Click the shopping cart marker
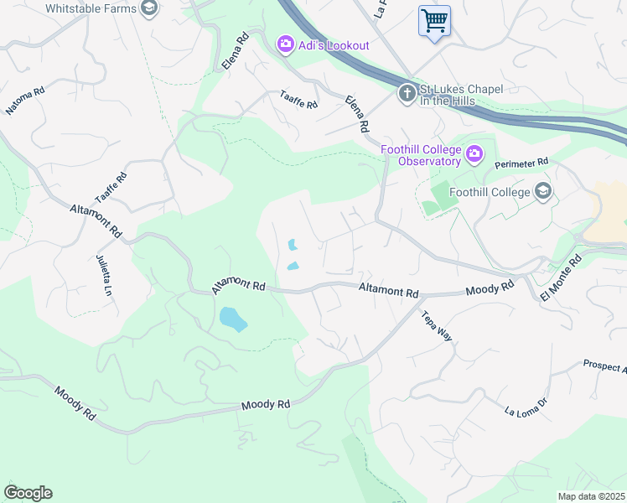click(x=434, y=20)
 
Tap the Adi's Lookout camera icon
click(x=285, y=44)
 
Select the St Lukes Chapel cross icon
click(x=407, y=92)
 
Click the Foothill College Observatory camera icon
click(x=475, y=153)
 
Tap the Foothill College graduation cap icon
click(x=544, y=192)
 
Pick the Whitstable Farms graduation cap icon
click(x=149, y=8)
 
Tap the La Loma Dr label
click(x=526, y=407)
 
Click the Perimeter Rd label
click(x=521, y=162)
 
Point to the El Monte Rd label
click(x=560, y=279)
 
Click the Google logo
click(x=28, y=493)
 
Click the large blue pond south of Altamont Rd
click(x=233, y=319)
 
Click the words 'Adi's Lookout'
click(x=332, y=45)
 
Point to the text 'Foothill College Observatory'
click(x=421, y=155)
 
